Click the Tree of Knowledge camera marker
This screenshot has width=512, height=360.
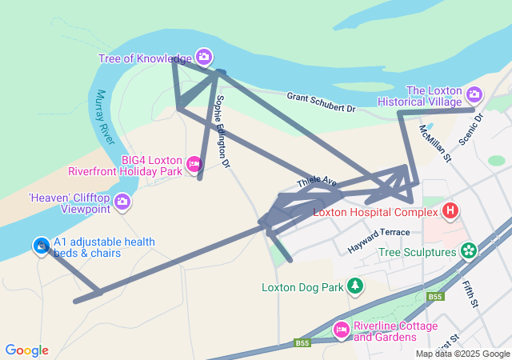click(203, 57)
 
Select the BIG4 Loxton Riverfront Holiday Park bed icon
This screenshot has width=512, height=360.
click(193, 165)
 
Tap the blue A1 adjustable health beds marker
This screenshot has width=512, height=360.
click(41, 246)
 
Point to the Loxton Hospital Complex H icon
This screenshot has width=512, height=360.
click(450, 211)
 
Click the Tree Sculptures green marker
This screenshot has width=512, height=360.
click(468, 251)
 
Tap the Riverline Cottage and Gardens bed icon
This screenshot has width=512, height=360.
click(341, 329)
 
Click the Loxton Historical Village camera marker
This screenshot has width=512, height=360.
click(474, 94)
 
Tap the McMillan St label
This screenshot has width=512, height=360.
click(435, 145)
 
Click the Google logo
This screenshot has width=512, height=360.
click(26, 350)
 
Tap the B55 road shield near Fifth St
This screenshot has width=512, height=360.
click(434, 297)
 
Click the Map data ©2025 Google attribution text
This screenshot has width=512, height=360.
click(462, 354)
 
